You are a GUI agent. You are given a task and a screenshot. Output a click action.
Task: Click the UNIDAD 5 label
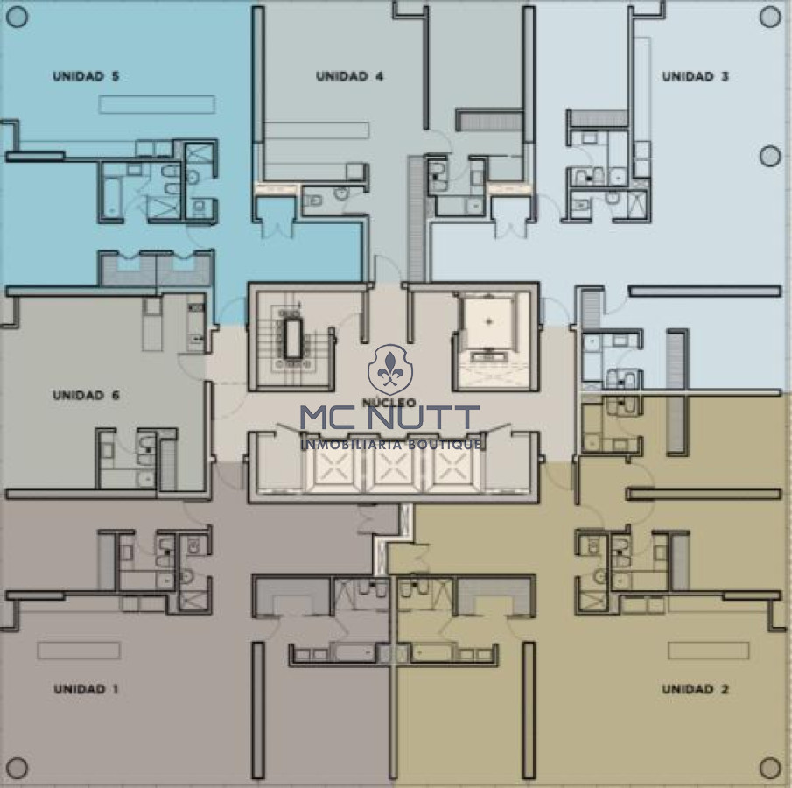[86, 76]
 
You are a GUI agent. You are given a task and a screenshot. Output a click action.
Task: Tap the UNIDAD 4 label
[349, 76]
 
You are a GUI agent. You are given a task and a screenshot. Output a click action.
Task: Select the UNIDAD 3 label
[696, 76]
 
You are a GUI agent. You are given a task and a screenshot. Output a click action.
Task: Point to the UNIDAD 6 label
[86, 395]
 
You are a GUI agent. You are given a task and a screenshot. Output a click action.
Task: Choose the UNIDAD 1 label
[86, 689]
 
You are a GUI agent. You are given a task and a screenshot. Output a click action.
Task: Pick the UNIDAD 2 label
[696, 689]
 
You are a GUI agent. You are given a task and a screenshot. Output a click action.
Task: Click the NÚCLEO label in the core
[389, 403]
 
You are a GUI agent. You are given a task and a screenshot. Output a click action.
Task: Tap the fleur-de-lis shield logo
[390, 369]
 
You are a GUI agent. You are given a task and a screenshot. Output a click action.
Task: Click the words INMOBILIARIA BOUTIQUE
[390, 444]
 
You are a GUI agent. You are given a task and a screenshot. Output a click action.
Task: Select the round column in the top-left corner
[18, 18]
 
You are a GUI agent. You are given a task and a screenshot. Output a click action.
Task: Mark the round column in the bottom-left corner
[18, 768]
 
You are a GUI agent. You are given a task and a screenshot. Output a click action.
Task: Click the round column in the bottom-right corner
[770, 768]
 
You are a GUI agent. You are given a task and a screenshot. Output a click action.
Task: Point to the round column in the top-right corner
[770, 18]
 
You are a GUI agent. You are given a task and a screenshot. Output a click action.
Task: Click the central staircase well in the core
[292, 338]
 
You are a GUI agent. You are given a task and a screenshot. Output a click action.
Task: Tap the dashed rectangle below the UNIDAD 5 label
[157, 104]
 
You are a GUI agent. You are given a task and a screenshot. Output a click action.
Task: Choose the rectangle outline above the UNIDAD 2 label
[708, 651]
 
